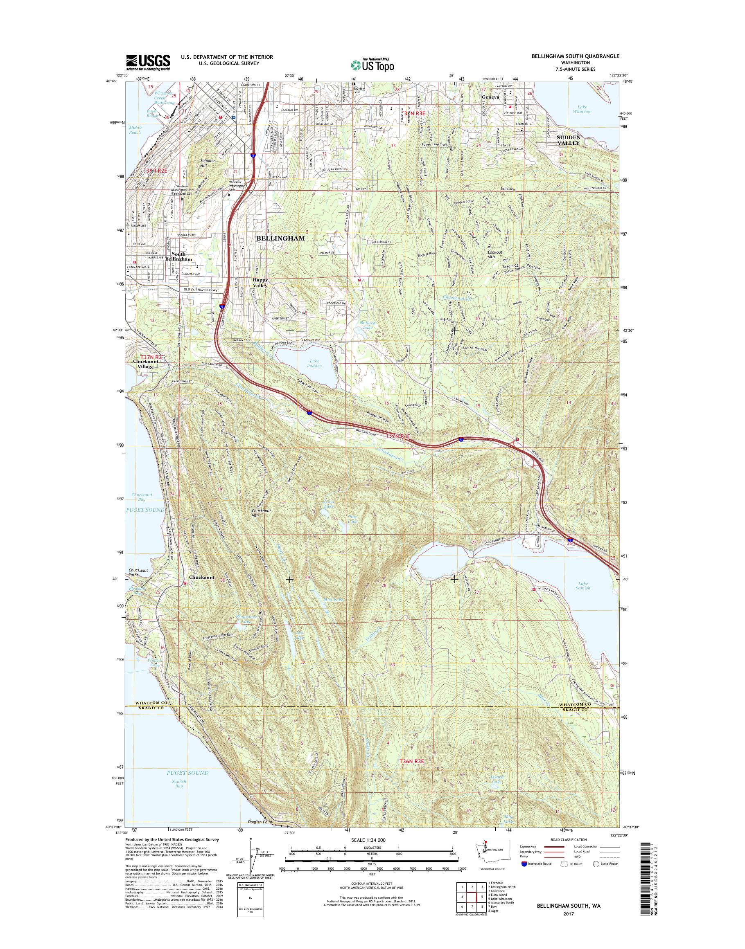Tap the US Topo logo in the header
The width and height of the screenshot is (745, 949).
372,65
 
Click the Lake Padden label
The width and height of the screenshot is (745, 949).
315,364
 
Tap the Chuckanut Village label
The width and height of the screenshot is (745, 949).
144,364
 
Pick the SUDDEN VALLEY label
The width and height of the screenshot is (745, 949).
568,140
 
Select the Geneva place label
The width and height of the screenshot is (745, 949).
490,97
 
